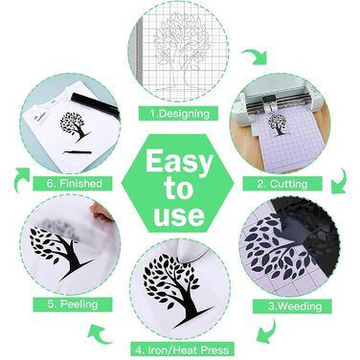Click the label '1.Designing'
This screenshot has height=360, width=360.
pyautogui.click(x=180, y=114)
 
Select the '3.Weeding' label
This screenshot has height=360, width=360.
pyautogui.click(x=295, y=306)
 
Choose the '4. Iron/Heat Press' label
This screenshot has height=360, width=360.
pyautogui.click(x=182, y=349)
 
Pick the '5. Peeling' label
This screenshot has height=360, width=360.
pyautogui.click(x=73, y=304)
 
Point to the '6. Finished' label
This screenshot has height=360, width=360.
pyautogui.click(x=75, y=183)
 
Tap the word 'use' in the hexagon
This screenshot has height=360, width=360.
pyautogui.click(x=179, y=215)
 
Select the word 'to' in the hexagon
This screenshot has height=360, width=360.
pyautogui.click(x=179, y=189)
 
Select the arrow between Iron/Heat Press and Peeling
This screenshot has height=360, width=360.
pyautogui.click(x=99, y=333)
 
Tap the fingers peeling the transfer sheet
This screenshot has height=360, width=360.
pyautogui.click(x=101, y=214)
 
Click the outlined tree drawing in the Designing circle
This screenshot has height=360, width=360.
pyautogui.click(x=180, y=51)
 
